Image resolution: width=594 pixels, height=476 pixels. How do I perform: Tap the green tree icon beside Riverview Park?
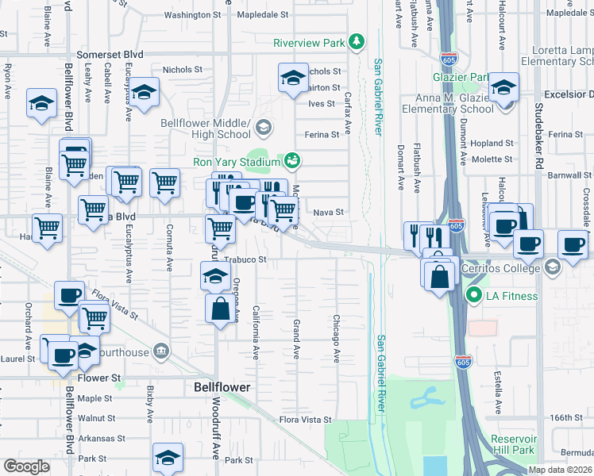358,40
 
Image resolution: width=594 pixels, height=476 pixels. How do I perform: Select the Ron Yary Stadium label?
237,162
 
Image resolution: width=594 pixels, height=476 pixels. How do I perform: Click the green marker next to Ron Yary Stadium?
292,162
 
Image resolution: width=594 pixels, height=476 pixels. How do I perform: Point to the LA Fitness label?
513,297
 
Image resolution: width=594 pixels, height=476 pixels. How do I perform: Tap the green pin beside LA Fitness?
475,297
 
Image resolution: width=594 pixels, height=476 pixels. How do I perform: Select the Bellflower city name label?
222,387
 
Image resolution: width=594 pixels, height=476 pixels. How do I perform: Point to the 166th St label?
566,417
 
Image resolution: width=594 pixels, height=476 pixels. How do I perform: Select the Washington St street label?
192,14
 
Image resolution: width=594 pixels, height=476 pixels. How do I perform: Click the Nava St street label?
328,212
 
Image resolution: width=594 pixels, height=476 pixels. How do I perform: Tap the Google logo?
26,466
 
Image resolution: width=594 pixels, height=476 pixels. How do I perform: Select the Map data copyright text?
561,470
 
